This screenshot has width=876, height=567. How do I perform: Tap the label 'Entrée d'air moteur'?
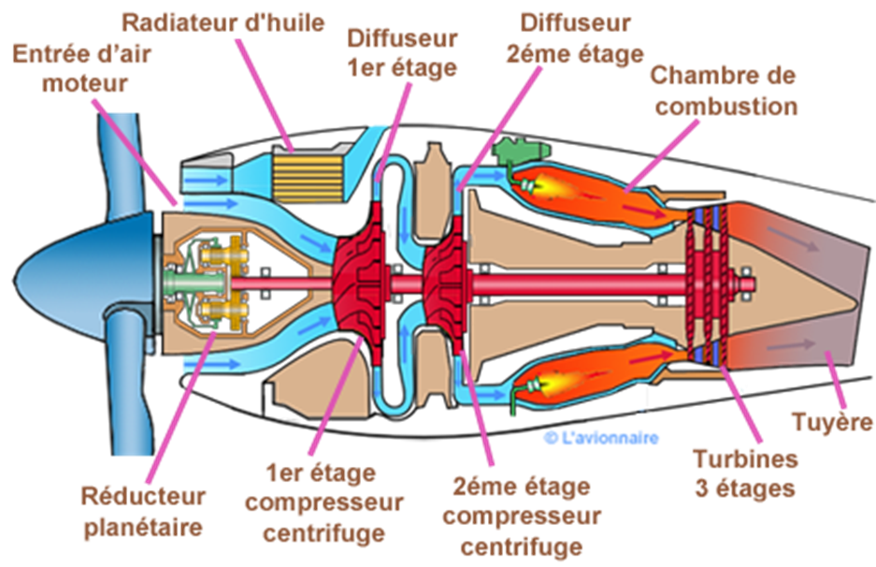(x=71, y=67)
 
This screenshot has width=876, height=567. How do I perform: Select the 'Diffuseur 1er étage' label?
(x=403, y=52)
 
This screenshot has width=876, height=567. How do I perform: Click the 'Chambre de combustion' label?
(x=725, y=90)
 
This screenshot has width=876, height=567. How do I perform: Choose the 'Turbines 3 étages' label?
(x=745, y=472)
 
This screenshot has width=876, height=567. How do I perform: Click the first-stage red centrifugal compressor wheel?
(x=360, y=277)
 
